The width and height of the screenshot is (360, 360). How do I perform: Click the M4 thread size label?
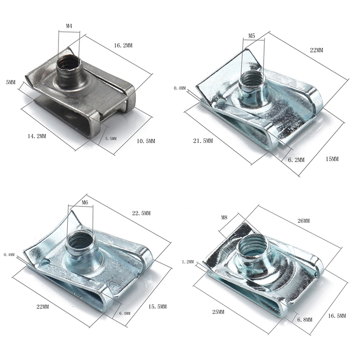tap(69, 26)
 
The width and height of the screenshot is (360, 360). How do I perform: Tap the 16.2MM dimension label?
tap(123, 45)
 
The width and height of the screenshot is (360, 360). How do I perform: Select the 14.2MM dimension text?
tap(37, 136)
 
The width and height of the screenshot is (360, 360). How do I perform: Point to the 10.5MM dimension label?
tap(146, 141)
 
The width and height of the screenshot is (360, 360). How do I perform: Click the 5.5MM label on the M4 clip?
tap(111, 139)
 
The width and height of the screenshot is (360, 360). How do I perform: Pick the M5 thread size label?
tap(252, 36)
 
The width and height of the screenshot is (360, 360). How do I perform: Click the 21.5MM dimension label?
tap(203, 141)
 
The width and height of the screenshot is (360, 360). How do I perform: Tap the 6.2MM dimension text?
tap(297, 160)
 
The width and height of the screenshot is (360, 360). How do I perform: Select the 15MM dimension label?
tap(332, 159)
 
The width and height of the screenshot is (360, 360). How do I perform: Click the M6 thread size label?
tap(85, 202)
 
